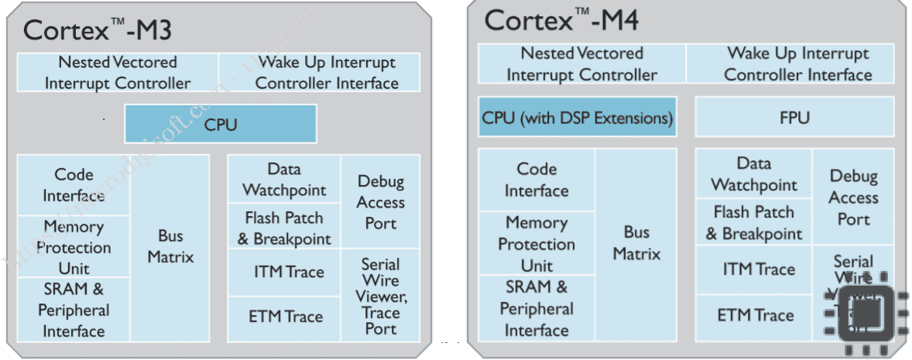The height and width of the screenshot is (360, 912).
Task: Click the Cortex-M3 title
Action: (97, 29)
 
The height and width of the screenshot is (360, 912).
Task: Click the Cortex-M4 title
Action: (561, 20)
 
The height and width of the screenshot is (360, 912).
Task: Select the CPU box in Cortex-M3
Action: (221, 124)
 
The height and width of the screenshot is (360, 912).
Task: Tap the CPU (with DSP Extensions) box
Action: (578, 118)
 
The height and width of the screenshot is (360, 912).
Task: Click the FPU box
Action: (794, 118)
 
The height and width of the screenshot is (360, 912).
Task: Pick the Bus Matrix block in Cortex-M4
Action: (636, 244)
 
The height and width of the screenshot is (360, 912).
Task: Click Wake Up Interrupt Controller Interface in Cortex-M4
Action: (797, 64)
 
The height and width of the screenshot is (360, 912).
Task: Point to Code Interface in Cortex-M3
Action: (74, 185)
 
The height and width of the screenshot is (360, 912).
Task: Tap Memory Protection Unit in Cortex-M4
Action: (537, 244)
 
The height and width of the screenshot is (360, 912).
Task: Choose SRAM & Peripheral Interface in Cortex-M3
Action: (74, 310)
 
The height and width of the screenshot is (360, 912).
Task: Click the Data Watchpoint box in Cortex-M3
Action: (284, 180)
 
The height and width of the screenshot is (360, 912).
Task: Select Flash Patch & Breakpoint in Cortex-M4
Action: (753, 223)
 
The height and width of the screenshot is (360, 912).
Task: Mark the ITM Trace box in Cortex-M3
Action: (284, 272)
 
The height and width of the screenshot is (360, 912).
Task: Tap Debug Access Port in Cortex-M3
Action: (381, 202)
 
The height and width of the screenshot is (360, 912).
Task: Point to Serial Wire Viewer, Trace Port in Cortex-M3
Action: (381, 296)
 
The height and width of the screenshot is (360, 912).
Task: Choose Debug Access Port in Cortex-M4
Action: (853, 197)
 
